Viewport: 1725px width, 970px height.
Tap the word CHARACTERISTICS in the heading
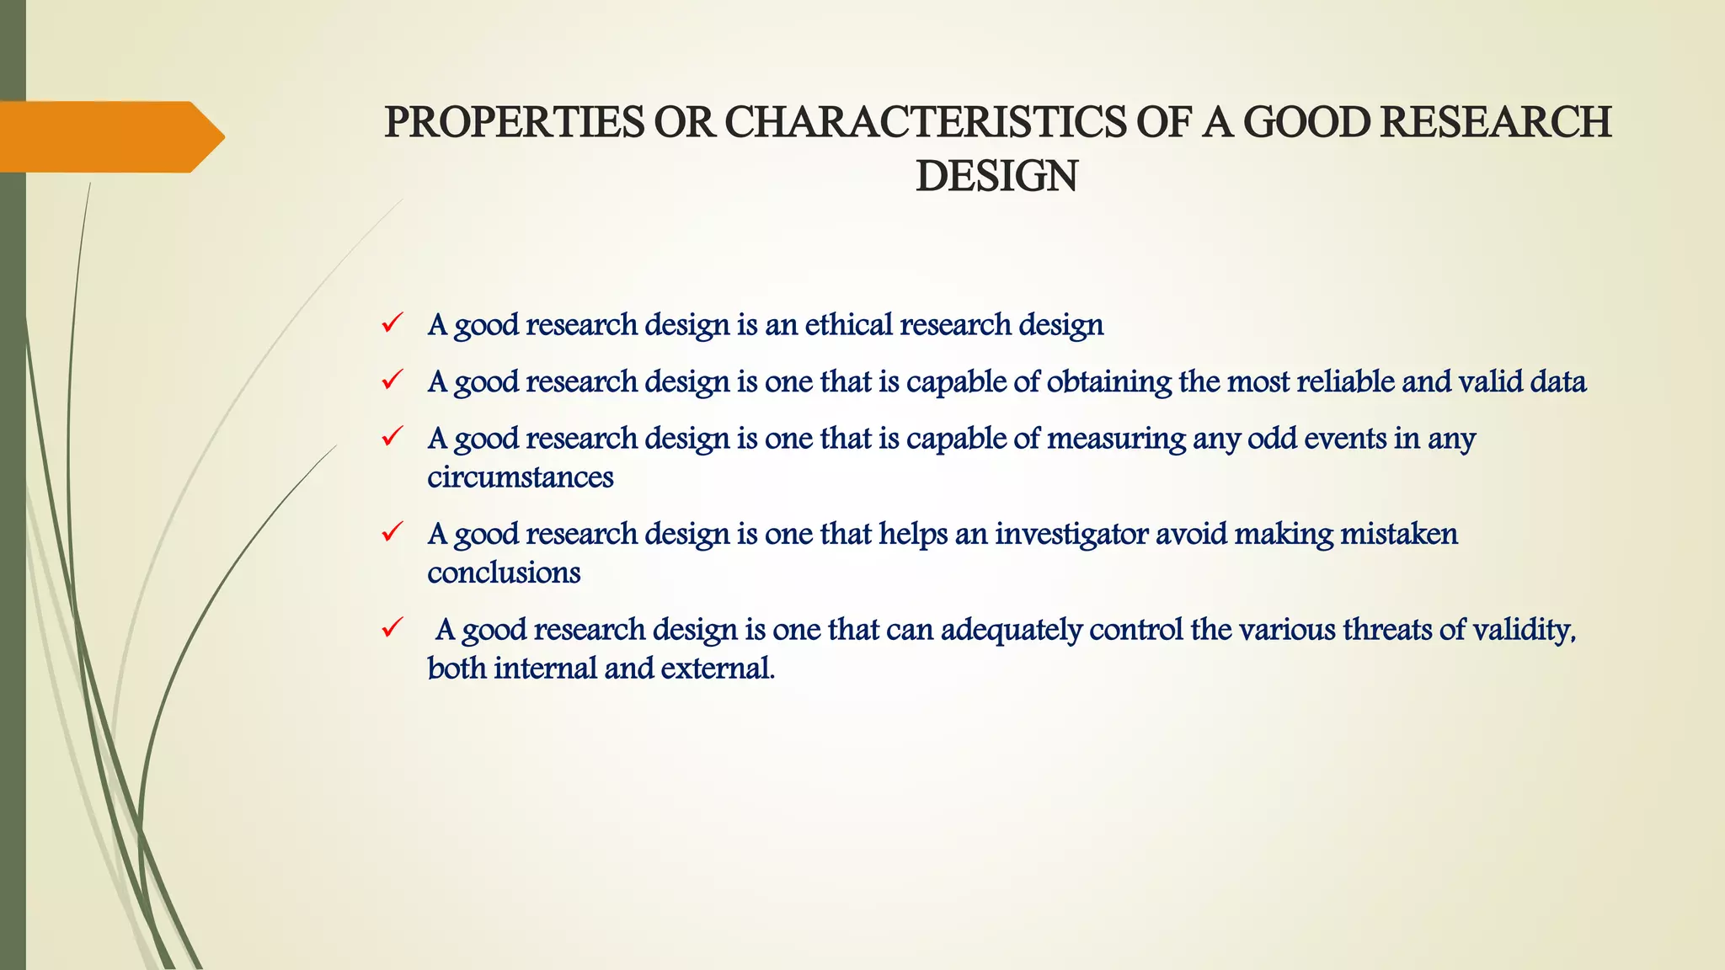(924, 123)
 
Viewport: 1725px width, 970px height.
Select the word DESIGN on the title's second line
(996, 178)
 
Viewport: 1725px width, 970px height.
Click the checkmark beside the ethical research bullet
(392, 323)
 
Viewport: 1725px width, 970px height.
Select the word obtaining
(1108, 382)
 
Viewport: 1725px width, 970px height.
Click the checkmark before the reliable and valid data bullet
(392, 381)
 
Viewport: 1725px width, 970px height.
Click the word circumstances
(520, 477)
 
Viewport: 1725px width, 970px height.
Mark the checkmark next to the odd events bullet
(392, 437)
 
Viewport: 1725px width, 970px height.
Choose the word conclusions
(504, 573)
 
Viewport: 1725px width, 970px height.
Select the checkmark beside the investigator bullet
(392, 532)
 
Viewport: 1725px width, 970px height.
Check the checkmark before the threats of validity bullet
(392, 628)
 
